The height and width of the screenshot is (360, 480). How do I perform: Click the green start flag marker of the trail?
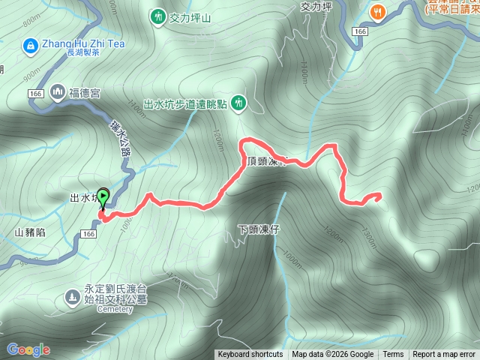(103, 198)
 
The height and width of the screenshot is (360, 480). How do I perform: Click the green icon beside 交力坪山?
(157, 16)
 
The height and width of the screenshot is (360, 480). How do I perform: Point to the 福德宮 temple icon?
(58, 92)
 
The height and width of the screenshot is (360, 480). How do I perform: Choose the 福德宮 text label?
(85, 93)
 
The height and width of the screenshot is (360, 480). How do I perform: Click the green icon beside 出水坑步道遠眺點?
(238, 102)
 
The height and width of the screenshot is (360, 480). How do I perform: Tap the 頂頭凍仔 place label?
(265, 162)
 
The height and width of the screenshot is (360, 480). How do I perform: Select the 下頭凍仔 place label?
(258, 229)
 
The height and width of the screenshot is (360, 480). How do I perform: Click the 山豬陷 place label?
(30, 232)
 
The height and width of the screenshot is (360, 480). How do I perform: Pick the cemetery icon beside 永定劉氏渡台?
(72, 297)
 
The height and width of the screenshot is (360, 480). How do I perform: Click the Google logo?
(28, 349)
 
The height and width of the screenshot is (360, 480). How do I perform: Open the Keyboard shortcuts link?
(250, 355)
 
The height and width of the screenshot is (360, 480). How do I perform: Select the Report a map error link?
(444, 355)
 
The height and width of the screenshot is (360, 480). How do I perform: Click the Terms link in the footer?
(393, 355)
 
